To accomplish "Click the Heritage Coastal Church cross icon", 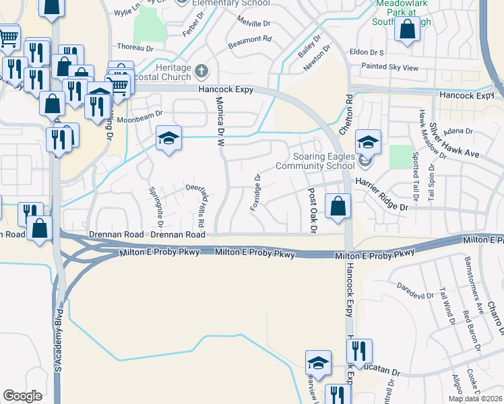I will tap(201, 71).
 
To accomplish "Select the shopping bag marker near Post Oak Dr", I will tap(338, 207).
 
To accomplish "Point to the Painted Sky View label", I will tap(390, 67).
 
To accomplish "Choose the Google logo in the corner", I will tap(22, 396).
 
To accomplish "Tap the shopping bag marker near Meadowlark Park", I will tap(407, 30).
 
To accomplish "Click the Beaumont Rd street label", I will tap(249, 39).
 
